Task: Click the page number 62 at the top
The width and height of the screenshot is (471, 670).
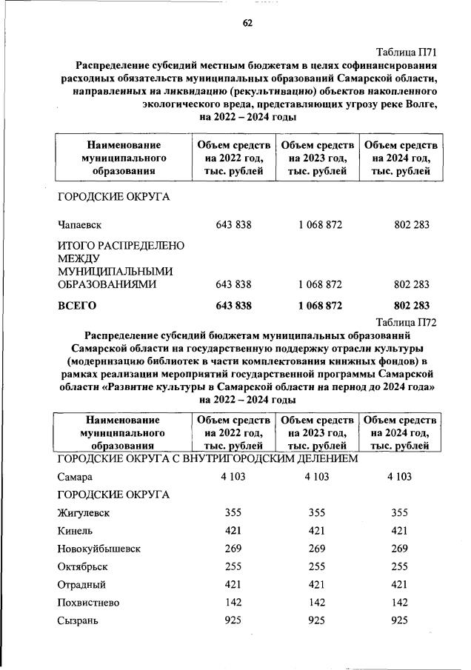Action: coord(248,23)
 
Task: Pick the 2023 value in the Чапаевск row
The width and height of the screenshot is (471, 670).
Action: coord(321,224)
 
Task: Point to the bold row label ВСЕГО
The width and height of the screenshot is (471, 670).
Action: coord(77,305)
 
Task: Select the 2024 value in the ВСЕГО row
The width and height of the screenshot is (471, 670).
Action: coord(412,305)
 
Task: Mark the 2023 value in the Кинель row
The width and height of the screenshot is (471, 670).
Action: coord(317,531)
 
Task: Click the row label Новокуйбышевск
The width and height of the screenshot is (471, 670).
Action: coord(98,549)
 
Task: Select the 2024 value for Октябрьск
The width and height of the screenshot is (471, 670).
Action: coord(400,566)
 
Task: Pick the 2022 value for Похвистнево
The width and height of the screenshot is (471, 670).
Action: coord(233,602)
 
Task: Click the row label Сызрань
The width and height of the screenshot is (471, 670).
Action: coord(78,620)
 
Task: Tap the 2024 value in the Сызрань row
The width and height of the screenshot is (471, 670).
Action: coord(400,620)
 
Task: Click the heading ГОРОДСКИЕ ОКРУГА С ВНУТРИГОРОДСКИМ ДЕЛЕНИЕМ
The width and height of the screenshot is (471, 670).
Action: coord(208,459)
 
